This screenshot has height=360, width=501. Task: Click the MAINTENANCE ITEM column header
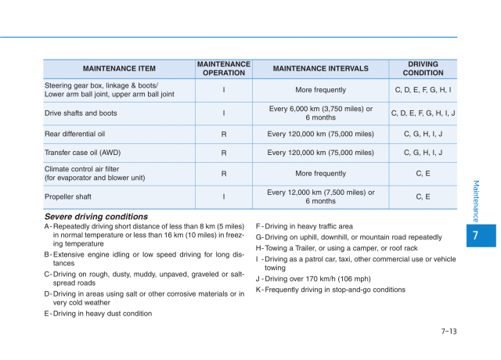click(x=119, y=68)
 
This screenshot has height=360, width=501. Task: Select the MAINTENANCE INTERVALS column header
click(x=320, y=68)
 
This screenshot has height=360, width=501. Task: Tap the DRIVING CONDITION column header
click(x=423, y=68)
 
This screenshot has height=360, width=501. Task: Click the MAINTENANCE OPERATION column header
click(x=223, y=68)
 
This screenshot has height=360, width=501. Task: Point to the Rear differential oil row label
click(x=75, y=134)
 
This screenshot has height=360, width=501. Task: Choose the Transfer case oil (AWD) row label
click(x=82, y=153)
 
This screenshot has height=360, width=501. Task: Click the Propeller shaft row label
click(x=68, y=197)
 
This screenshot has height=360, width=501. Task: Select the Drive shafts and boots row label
click(x=81, y=113)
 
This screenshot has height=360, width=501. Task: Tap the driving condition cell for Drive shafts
click(x=423, y=113)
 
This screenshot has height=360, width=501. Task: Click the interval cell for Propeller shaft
click(x=320, y=196)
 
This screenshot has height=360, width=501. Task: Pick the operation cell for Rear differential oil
click(x=223, y=134)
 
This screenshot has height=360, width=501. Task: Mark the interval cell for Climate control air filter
click(x=320, y=174)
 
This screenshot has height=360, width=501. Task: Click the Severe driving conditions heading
click(x=96, y=217)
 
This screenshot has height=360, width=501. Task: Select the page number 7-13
click(x=448, y=331)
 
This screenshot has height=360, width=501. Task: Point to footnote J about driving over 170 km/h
click(x=313, y=279)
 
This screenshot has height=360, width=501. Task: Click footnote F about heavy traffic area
click(x=305, y=226)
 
